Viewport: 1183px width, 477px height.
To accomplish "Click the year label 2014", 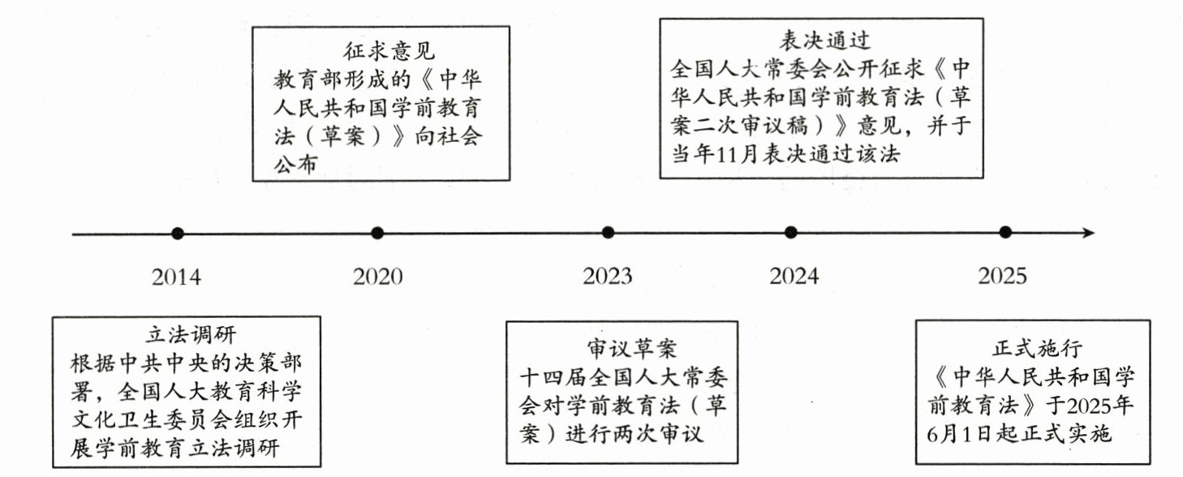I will point(176,277).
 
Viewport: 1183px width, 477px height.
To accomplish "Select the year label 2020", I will point(377,277).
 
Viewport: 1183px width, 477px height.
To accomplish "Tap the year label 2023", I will point(607,277).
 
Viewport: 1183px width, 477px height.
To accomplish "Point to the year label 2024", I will point(794,277).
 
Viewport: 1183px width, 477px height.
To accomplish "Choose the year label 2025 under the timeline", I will point(1002,277).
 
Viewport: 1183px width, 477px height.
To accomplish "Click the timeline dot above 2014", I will point(178,234).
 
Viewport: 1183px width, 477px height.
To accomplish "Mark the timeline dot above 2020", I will point(377,234).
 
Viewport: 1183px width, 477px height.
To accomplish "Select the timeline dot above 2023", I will point(608,234).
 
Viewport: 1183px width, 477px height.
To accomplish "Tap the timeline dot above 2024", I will point(791,234).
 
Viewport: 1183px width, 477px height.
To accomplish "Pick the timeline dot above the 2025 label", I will point(1005,233).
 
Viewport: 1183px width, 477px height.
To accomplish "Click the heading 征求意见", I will point(379,52).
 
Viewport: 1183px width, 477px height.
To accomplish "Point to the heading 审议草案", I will point(620,348).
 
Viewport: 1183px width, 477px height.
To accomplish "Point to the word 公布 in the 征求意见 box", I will point(294,164).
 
